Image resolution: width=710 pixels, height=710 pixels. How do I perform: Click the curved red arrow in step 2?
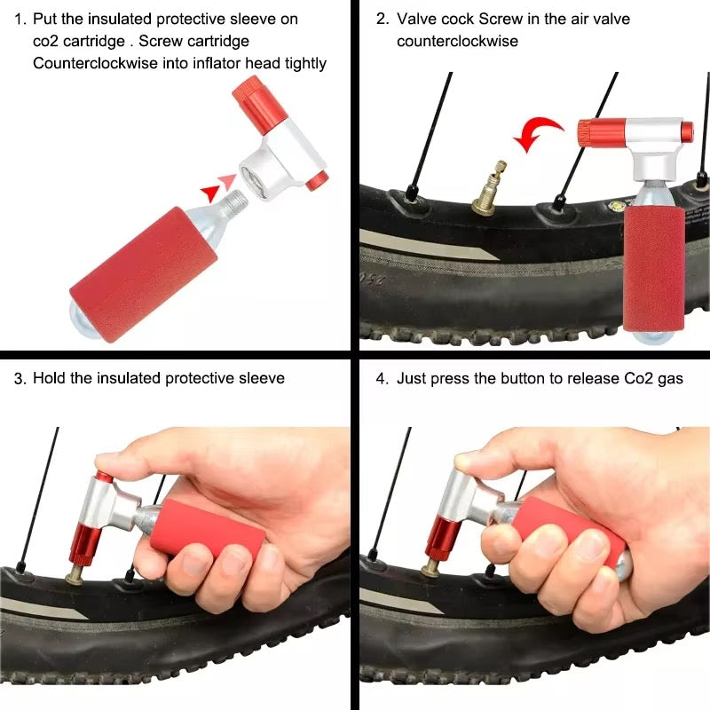pos(539,129)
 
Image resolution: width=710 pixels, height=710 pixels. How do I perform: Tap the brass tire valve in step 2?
pos(490,187)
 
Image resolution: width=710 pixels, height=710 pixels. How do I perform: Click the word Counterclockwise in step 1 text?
pos(95,63)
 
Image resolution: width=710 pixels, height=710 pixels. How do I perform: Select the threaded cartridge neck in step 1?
pos(234,202)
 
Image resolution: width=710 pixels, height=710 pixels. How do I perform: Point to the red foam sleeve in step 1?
pos(143,274)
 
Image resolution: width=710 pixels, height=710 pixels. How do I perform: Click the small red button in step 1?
pos(317,181)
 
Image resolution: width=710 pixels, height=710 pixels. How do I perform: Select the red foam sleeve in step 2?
pos(654,271)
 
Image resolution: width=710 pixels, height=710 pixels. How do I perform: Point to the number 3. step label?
pos(20,379)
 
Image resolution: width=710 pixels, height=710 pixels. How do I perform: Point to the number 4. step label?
pos(383,379)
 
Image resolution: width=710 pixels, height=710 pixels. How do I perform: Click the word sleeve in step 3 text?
pos(262,379)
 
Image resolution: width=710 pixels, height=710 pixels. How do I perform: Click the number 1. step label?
pos(20,20)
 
